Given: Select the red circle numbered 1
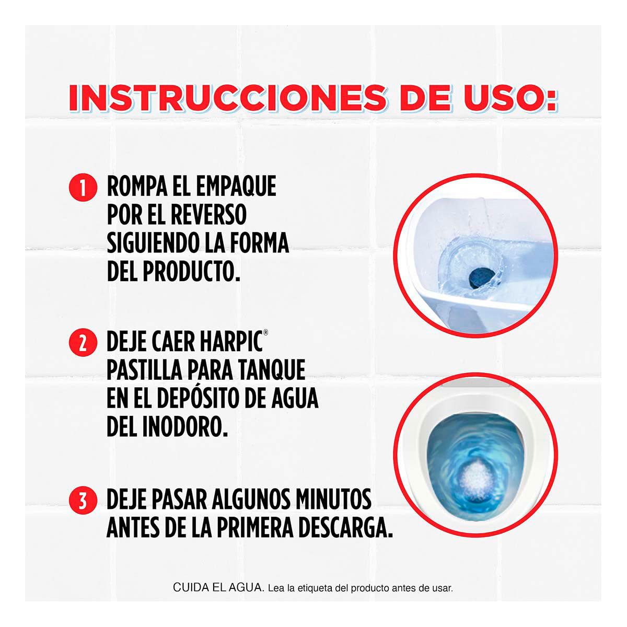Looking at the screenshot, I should (83, 187).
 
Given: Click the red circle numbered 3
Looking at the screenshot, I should (83, 501).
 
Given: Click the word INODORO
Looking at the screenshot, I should (185, 427).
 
